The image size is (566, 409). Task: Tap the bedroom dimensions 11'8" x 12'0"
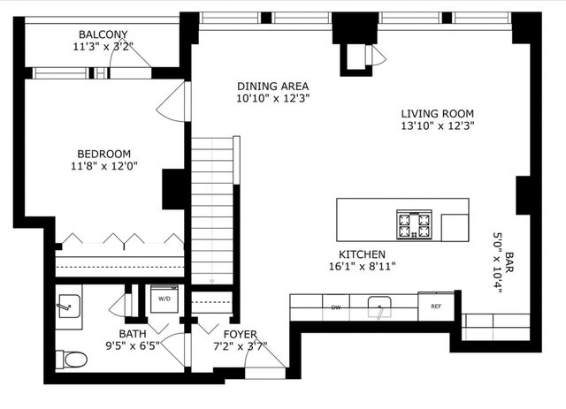click(x=104, y=165)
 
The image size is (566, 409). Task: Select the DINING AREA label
click(x=272, y=86)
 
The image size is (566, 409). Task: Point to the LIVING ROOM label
click(x=437, y=113)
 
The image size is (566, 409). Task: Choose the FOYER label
click(x=240, y=334)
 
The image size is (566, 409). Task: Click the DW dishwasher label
click(x=336, y=307)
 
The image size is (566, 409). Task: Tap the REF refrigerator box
click(x=435, y=307)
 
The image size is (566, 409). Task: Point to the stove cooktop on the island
click(x=413, y=224)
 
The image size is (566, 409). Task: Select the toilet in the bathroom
click(x=72, y=360)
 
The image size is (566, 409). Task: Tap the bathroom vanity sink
click(x=69, y=307)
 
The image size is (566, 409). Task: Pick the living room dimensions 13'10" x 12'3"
click(x=437, y=125)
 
